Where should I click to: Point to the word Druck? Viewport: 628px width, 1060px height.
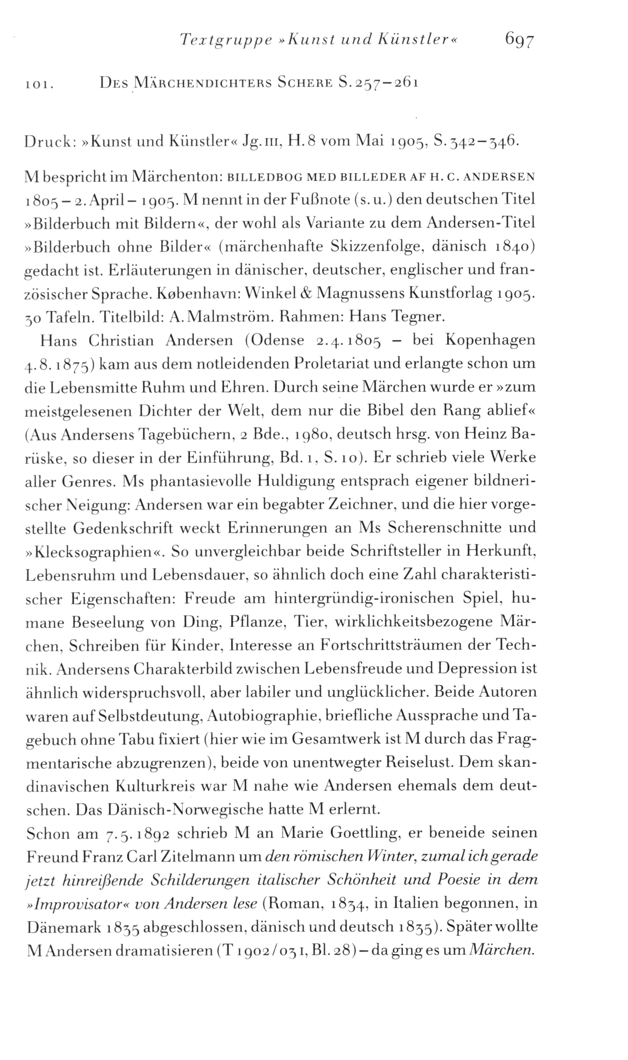click(50, 143)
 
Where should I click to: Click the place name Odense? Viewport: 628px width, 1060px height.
click(276, 341)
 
